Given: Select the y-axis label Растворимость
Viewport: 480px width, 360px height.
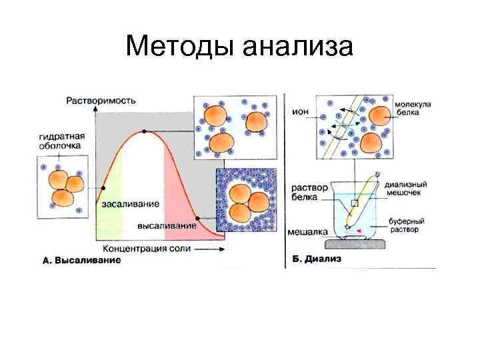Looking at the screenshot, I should pyautogui.click(x=101, y=101).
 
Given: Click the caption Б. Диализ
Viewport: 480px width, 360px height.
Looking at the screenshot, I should pyautogui.click(x=316, y=259).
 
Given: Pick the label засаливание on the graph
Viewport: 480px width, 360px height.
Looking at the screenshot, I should pyautogui.click(x=130, y=203).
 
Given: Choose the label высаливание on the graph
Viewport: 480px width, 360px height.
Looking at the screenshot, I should pyautogui.click(x=167, y=225).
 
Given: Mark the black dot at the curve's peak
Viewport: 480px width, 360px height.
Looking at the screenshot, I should pyautogui.click(x=142, y=132).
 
